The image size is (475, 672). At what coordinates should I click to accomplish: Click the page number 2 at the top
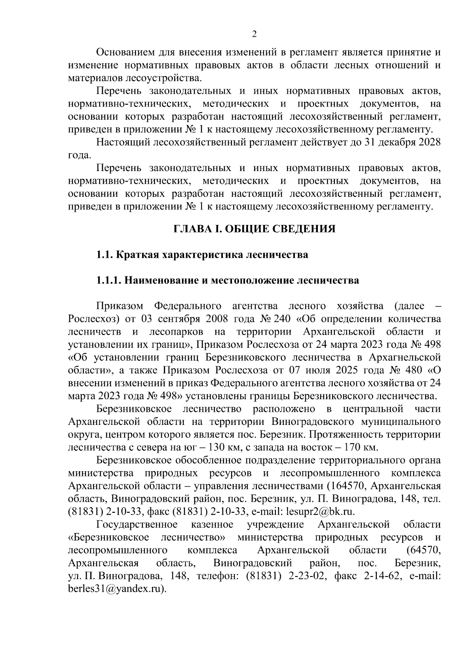[x=255, y=34]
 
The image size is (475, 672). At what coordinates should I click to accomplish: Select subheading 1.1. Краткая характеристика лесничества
[x=202, y=255]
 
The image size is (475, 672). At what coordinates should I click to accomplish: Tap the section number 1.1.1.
[x=109, y=280]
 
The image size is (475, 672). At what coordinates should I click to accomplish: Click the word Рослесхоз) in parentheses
[x=91, y=319]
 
